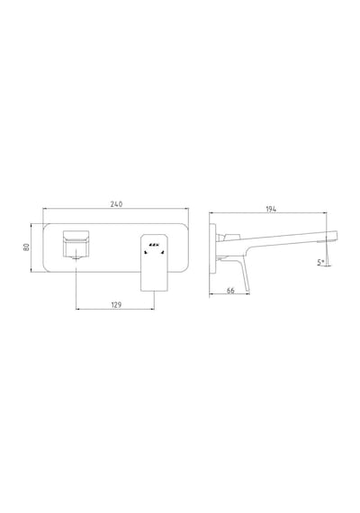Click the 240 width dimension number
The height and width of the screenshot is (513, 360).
[x=116, y=204]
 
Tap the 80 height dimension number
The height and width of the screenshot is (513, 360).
[x=26, y=247]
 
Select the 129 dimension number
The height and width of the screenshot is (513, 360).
[x=116, y=305]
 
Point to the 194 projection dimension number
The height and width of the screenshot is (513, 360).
[x=271, y=209]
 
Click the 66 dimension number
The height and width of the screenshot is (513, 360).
[x=230, y=291]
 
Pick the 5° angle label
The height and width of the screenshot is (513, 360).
[x=320, y=263]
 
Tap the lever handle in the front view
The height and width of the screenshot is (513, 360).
[x=154, y=263]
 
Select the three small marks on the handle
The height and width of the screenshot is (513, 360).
[x=154, y=245]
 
